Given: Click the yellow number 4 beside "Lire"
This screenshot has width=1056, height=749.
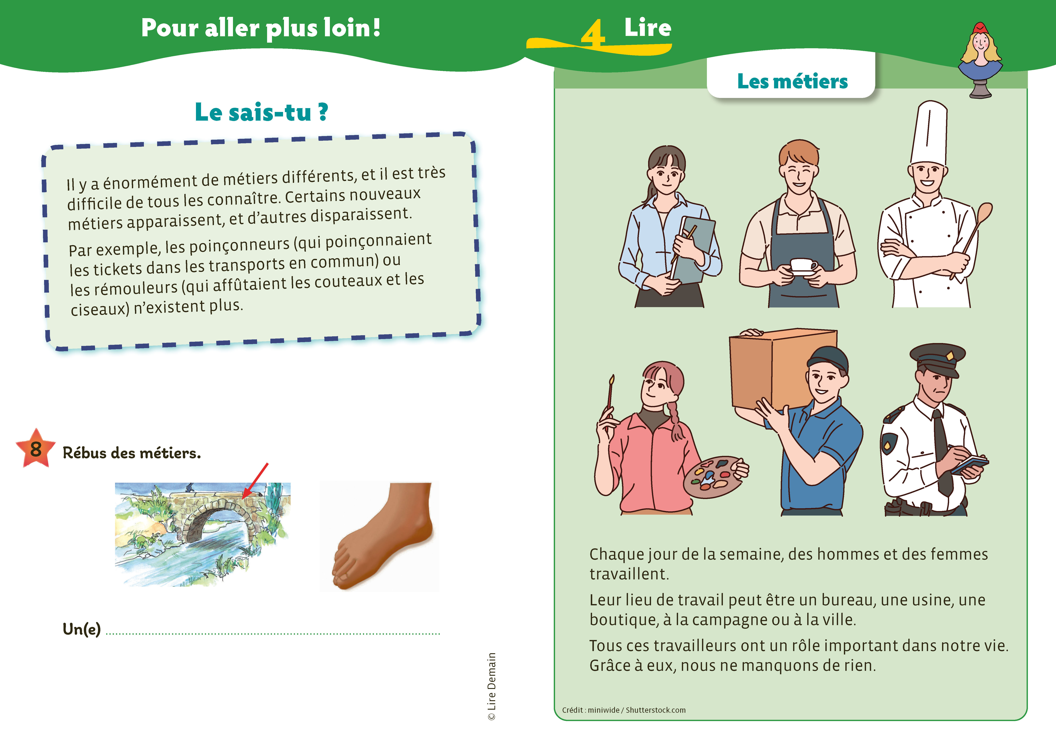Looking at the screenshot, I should coord(593,33).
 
